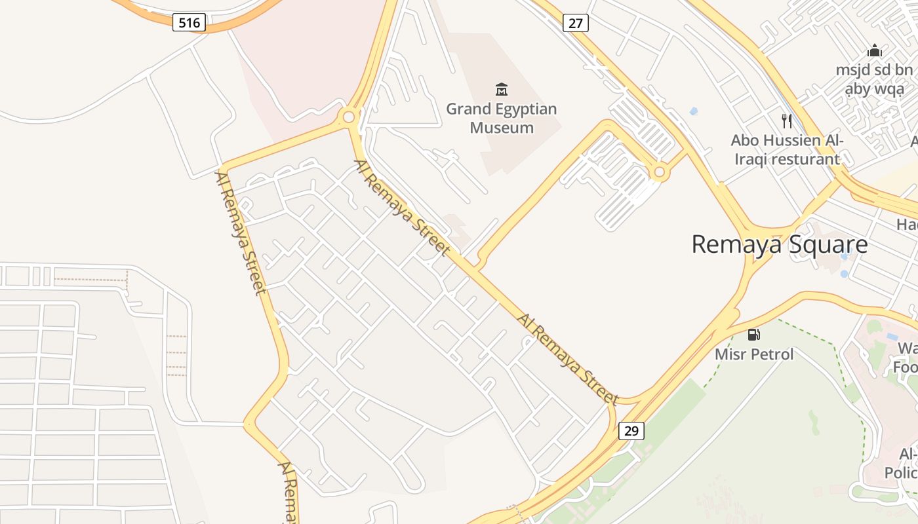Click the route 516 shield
click(190, 23)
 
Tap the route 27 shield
click(575, 24)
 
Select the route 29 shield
click(631, 431)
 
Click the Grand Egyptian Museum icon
click(502, 89)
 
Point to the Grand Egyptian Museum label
click(502, 118)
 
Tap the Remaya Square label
click(780, 244)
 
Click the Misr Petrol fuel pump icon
click(754, 335)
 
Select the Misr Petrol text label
click(754, 354)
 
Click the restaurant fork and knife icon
click(787, 121)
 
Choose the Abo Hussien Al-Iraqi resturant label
click(787, 149)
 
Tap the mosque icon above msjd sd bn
click(874, 51)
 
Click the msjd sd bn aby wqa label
click(874, 79)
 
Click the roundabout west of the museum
click(349, 117)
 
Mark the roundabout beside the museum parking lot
click(660, 172)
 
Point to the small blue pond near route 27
click(694, 111)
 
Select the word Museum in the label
click(502, 127)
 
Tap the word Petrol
click(772, 354)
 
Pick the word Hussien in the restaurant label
click(792, 140)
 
